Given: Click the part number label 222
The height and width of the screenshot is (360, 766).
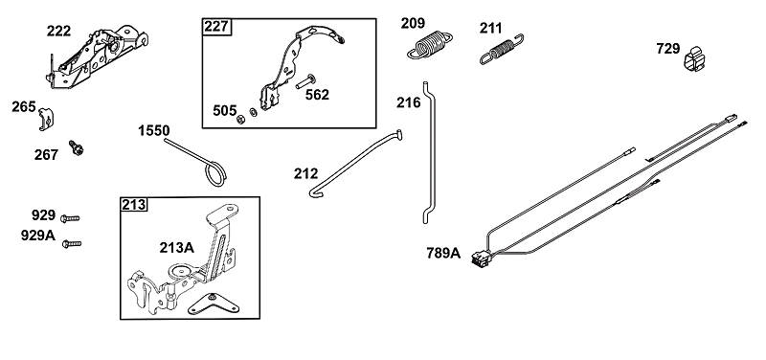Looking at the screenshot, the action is pos(58,32).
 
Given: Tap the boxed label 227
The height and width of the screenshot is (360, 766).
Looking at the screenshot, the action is pos(216,26).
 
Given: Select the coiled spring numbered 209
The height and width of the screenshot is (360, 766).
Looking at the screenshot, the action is pos(429,45).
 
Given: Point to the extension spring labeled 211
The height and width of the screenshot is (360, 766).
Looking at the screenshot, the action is pos(502,50).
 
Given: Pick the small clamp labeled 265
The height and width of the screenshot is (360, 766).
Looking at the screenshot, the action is pos(46,119).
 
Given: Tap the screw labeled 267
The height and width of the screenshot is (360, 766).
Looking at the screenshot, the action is pos(77,147).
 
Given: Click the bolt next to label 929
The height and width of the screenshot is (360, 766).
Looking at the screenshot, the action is pos(70,218).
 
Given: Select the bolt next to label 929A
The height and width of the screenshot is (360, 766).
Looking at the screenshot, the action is pos(72,243).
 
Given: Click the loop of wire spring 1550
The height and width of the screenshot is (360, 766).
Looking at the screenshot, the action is pos(214,174).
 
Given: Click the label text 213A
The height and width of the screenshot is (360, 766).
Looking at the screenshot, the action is pos(176,248).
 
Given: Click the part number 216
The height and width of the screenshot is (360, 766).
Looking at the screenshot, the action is pos(409,102).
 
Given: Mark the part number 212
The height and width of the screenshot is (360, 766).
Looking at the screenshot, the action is pos(305,173).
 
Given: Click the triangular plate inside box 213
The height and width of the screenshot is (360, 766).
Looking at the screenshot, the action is pos(214,304).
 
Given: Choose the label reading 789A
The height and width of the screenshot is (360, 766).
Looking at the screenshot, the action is pos(443,253).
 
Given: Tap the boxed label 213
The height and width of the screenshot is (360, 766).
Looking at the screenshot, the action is pos(134,204).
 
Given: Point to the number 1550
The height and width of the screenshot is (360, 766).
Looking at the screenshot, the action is pos(154,131).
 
